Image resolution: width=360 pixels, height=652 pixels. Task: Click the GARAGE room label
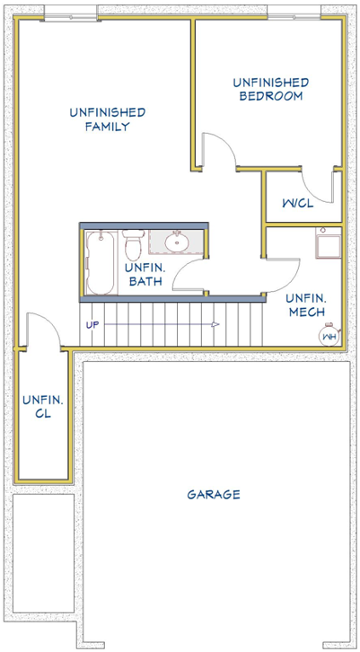point(214,495)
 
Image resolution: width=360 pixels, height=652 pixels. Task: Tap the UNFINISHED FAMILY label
point(108,119)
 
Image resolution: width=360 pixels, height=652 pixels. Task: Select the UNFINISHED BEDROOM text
point(270,90)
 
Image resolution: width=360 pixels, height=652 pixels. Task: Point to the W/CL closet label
point(298,203)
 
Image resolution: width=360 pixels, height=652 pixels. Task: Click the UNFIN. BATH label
point(145,275)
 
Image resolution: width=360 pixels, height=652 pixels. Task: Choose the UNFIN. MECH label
point(306,304)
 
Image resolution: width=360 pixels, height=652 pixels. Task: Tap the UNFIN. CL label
point(43,407)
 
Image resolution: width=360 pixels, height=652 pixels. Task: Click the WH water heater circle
point(329,335)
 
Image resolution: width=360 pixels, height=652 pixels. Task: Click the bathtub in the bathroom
point(101,262)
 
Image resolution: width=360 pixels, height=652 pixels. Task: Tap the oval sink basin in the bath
point(177,242)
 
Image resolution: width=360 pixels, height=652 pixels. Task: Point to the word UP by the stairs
point(92,325)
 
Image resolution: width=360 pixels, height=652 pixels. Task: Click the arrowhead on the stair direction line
point(215,324)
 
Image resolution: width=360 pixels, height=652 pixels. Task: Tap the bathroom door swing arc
point(182,269)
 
